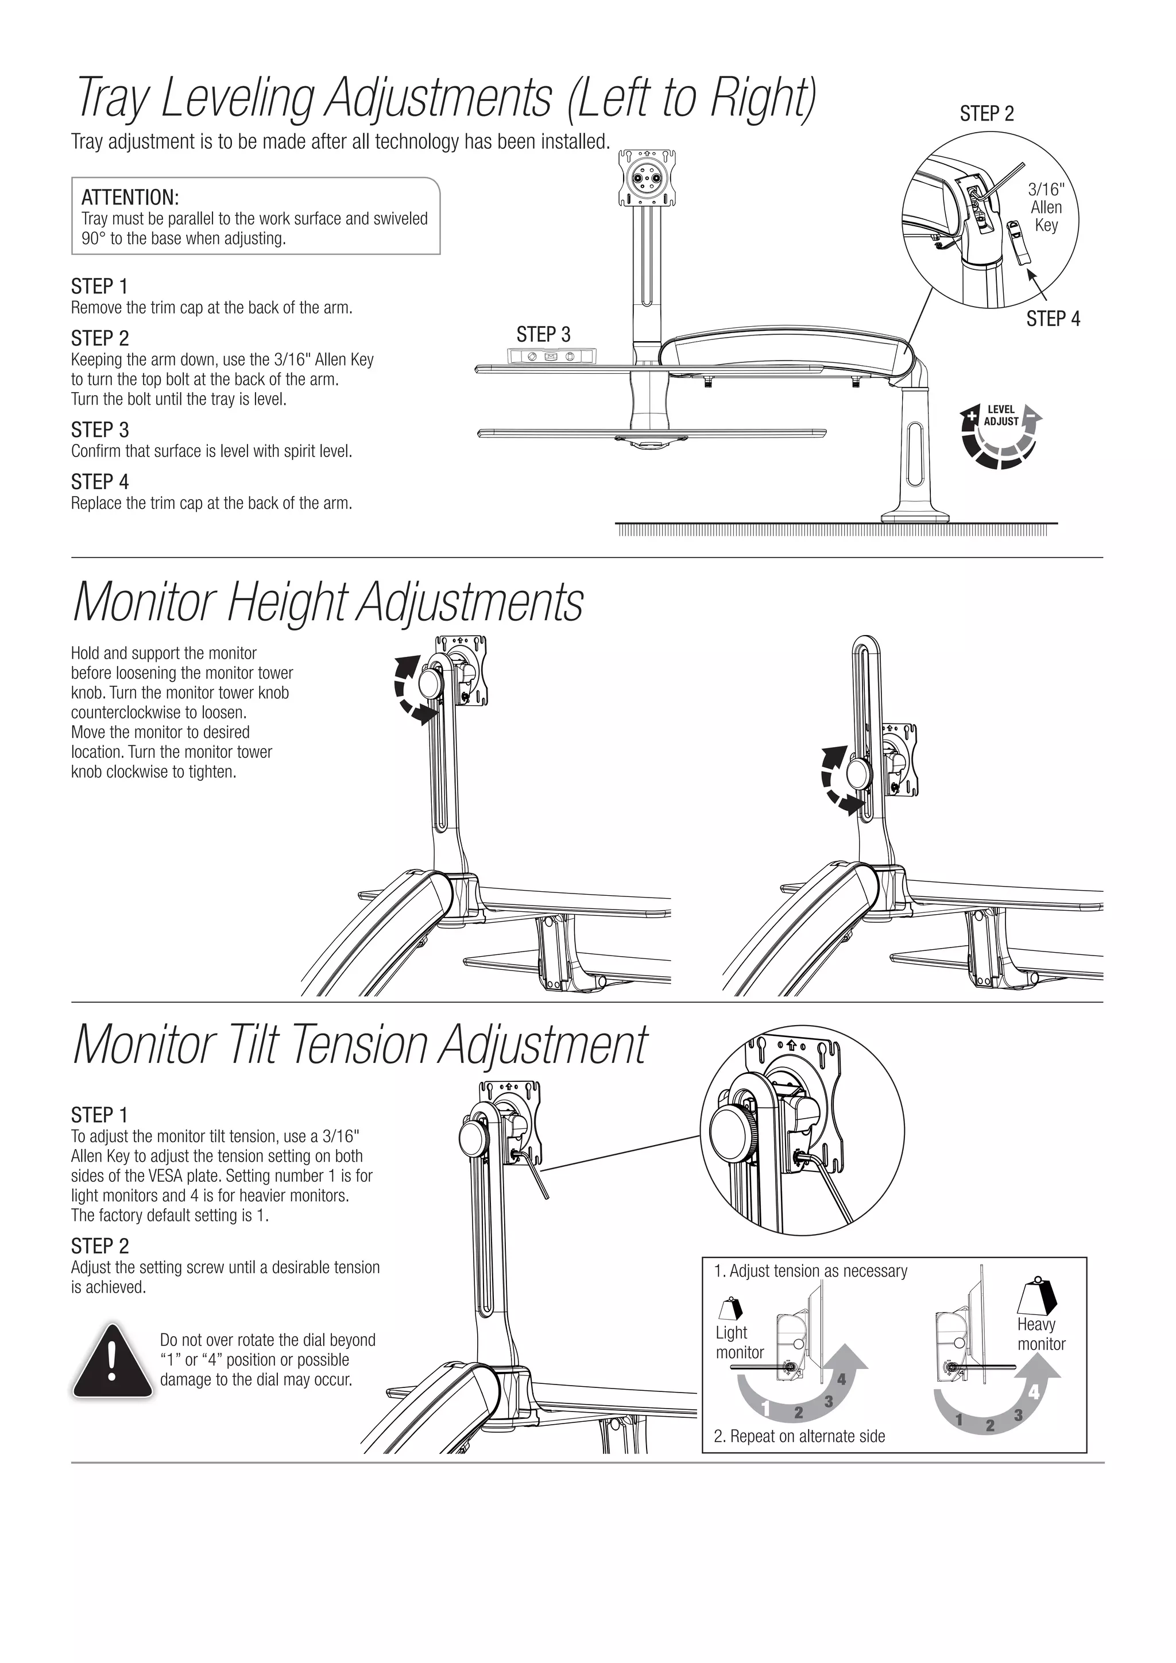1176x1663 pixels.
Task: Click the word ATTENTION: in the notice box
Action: coord(130,197)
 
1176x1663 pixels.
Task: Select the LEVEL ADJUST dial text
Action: coord(1001,416)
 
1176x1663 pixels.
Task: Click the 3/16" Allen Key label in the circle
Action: coord(1046,207)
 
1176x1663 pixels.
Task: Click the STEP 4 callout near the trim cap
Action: coord(1052,319)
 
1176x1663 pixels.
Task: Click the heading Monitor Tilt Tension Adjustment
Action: coord(360,1047)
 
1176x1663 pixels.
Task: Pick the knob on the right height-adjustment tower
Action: coord(859,772)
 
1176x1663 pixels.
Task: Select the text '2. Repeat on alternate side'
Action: coord(799,1436)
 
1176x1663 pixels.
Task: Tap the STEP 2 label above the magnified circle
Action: coord(987,114)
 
